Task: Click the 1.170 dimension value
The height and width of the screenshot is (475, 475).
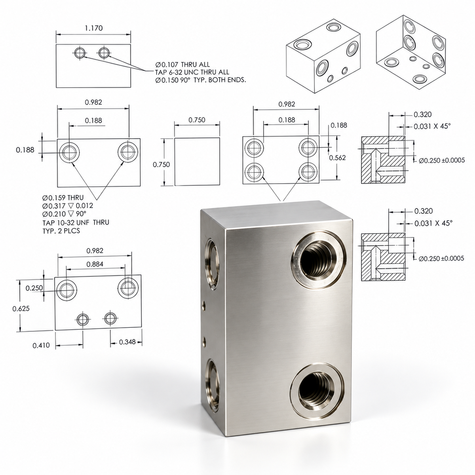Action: click(94, 28)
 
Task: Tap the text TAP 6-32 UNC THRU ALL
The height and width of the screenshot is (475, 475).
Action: click(192, 72)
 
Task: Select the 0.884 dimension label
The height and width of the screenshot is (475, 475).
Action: click(95, 264)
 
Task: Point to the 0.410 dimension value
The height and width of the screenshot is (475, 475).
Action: click(41, 345)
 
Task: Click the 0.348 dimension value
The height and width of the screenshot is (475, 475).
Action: click(127, 342)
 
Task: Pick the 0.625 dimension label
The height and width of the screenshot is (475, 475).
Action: click(21, 308)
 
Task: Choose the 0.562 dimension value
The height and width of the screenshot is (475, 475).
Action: click(338, 158)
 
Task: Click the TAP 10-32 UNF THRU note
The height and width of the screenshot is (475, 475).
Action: click(76, 222)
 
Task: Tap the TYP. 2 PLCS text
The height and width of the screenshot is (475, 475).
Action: click(61, 231)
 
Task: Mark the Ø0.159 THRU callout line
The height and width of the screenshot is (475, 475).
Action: click(63, 198)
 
